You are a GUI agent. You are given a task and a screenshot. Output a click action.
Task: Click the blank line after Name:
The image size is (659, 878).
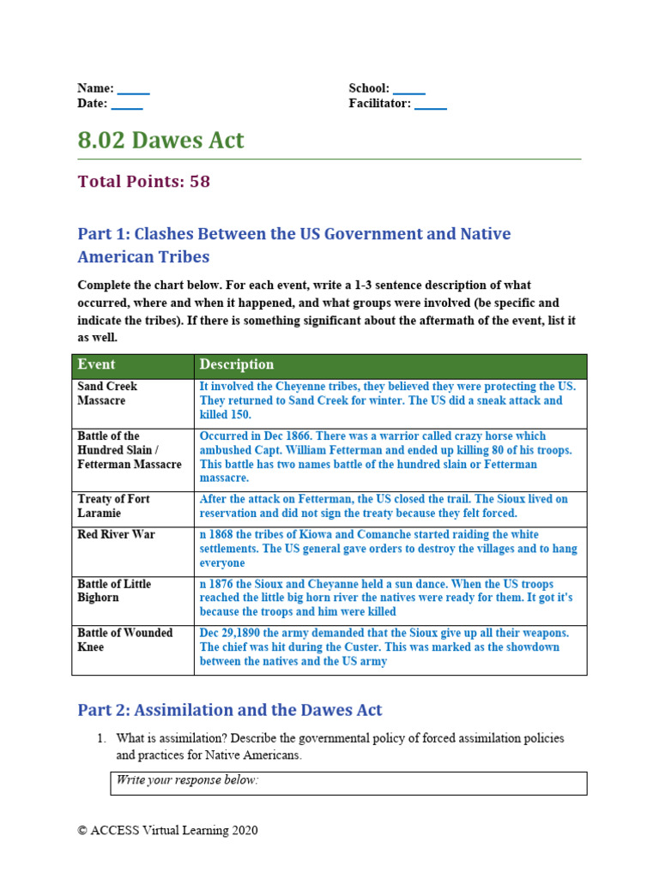pos(133,90)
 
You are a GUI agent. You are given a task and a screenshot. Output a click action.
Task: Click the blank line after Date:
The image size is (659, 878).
pos(127,105)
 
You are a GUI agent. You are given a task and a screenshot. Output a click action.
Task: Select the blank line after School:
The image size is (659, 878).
pos(409,90)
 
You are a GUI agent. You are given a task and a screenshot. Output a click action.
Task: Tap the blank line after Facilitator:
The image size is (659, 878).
pos(431,105)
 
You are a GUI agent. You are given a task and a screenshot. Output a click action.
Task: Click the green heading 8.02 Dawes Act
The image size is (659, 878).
pos(160,141)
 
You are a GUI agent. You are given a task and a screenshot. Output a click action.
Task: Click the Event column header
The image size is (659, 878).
pos(96,365)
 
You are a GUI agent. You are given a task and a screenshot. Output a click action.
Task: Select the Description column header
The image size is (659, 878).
pos(237,365)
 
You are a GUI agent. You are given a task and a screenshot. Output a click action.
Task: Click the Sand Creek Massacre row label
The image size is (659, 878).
pos(107,394)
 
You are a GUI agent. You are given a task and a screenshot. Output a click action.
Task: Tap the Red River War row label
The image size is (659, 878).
pos(116,534)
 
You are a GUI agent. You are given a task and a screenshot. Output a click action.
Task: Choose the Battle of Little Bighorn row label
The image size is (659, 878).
pos(114,591)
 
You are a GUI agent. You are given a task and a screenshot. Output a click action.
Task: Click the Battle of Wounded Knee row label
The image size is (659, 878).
pos(124,640)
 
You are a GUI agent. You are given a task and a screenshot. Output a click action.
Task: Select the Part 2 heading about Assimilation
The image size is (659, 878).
pos(229,710)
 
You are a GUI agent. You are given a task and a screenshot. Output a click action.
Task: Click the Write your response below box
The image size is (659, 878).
pos(348,782)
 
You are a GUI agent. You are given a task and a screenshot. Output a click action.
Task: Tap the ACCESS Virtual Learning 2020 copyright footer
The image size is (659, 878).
pos(167,830)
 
